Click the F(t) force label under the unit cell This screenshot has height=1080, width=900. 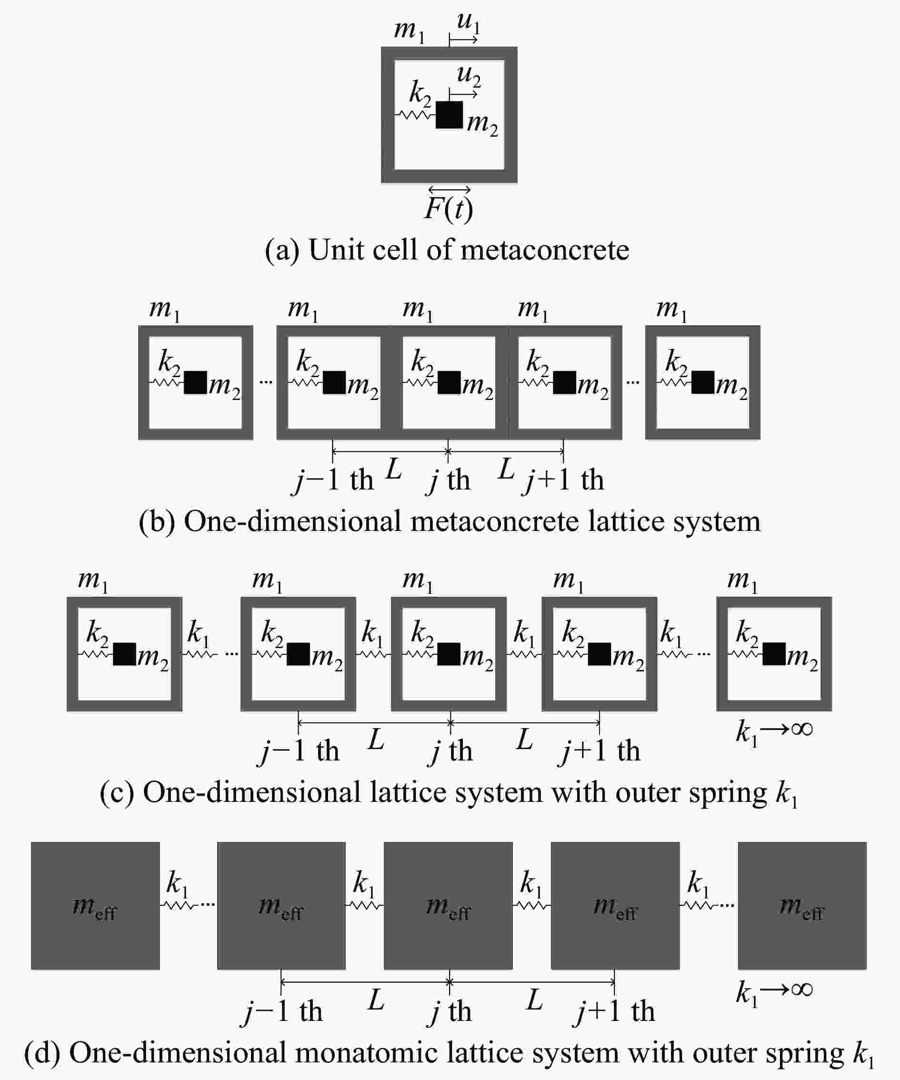click(x=449, y=208)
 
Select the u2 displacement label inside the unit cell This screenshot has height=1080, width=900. click(x=469, y=77)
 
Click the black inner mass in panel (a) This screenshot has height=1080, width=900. click(x=449, y=115)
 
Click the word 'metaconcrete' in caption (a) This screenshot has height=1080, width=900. click(x=545, y=250)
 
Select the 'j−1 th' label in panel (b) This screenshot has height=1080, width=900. click(x=332, y=480)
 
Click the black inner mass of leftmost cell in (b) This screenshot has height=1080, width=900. click(x=195, y=382)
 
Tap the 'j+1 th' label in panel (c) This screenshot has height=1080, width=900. click(x=599, y=751)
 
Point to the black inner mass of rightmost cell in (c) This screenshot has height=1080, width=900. click(x=774, y=654)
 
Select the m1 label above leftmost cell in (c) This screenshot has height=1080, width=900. click(x=93, y=580)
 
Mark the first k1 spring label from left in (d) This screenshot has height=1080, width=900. click(x=177, y=885)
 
